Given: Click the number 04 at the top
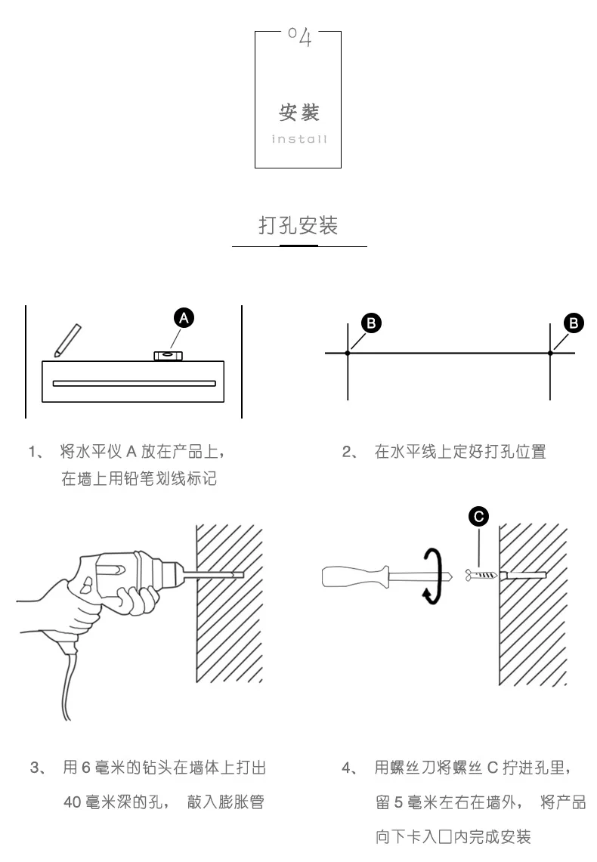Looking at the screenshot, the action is [x=299, y=36].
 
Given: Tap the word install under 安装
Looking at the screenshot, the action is [x=299, y=139].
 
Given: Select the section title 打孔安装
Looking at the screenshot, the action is [x=298, y=225].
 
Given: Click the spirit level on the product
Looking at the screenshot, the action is [x=167, y=354].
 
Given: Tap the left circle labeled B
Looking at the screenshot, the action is [x=370, y=323].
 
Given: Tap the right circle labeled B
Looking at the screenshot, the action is [x=574, y=323].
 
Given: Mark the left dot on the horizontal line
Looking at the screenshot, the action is [x=348, y=353].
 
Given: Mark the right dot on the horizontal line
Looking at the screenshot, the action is [x=551, y=353].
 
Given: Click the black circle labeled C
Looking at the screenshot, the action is [x=478, y=517].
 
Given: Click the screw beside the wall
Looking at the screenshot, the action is [x=483, y=576].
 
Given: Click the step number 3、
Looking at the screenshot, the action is [x=39, y=768].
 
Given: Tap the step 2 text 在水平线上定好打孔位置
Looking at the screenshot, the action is [x=460, y=452].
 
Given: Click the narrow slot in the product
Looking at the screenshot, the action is [x=134, y=383].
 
